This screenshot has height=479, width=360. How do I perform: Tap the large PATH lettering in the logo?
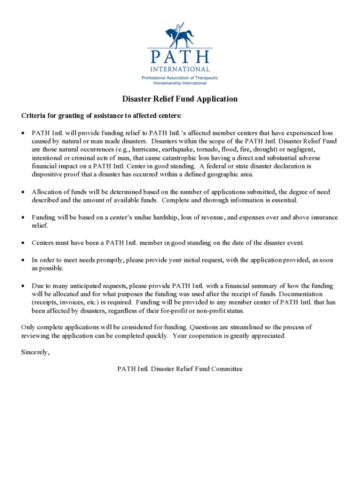180,57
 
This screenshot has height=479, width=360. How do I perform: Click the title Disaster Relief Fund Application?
180,99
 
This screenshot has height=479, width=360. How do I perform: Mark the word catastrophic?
185,158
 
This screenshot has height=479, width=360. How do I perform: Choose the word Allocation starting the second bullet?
46,192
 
